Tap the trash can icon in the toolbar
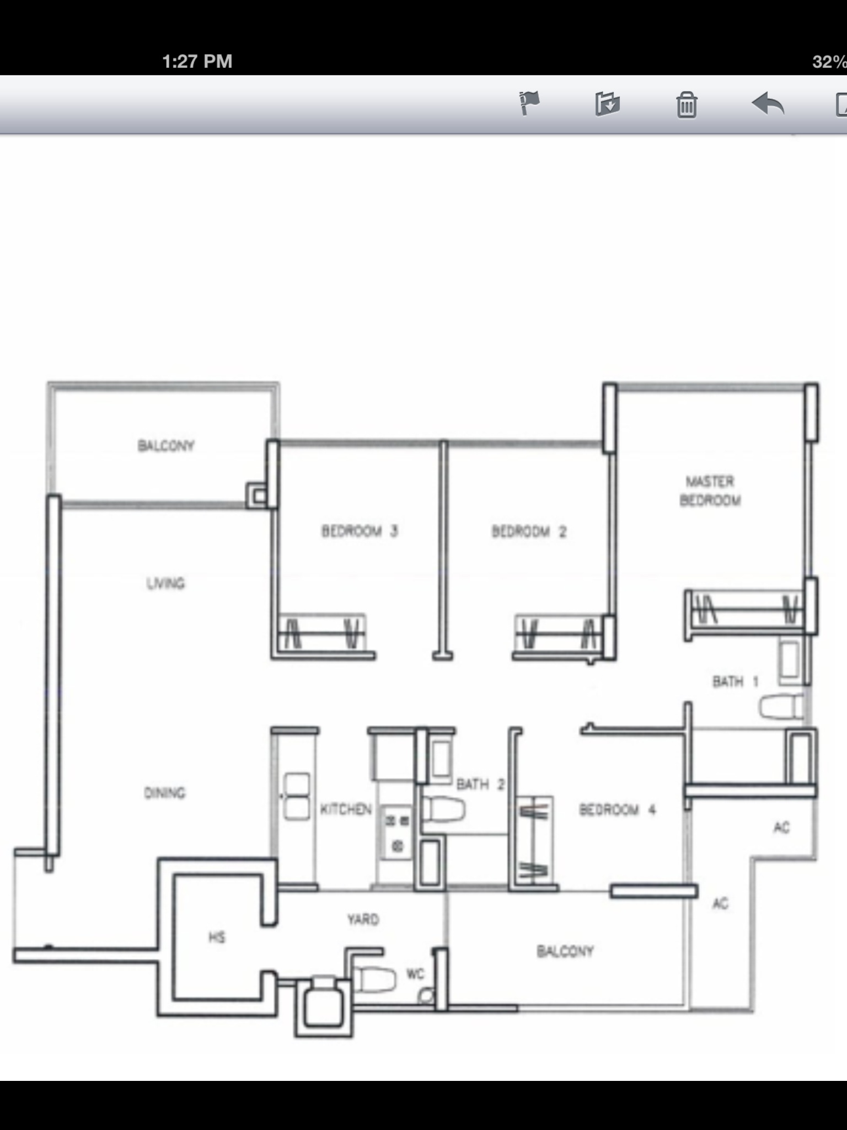687,104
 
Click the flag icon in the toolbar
529,103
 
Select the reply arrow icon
768,104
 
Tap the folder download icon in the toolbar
608,104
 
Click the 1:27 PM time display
197,61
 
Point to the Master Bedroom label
710,491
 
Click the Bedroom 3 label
360,531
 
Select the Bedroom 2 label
529,531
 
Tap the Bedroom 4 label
617,809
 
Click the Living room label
165,583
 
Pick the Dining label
165,793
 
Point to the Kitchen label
346,809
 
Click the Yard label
363,919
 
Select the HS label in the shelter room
217,937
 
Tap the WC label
415,974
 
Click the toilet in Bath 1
781,707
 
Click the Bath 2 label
480,784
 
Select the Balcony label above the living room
166,445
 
